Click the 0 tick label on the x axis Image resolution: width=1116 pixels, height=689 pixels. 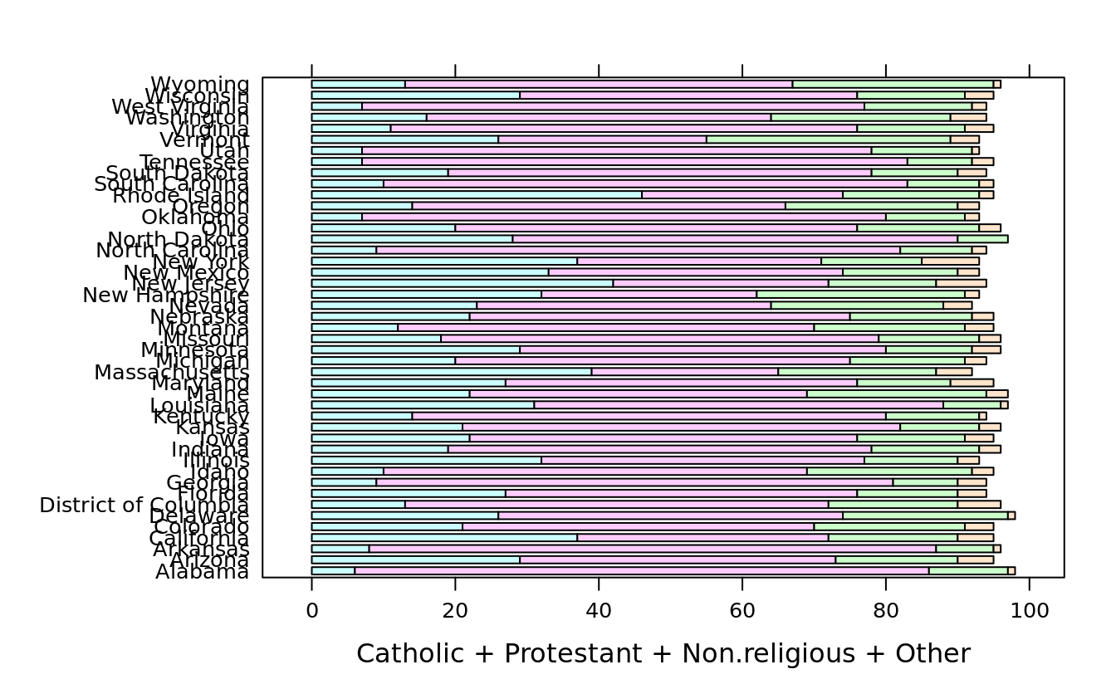coord(311,611)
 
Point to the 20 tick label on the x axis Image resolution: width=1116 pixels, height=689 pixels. coord(455,611)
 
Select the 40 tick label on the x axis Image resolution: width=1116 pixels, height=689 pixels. coord(599,611)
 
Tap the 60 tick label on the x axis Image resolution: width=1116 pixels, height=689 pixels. coord(742,611)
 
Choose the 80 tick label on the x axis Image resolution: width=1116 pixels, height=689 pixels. coord(886,611)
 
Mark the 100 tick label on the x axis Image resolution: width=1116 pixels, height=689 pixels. coord(1029,611)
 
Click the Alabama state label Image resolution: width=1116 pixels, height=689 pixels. coord(202,572)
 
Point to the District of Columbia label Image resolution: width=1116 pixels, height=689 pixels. coord(144,506)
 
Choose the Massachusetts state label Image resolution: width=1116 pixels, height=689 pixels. coord(171,372)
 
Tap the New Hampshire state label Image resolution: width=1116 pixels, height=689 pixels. coord(165,295)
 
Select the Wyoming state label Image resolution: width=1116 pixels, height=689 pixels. coord(199,84)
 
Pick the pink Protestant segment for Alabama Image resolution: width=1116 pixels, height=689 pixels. coord(641,571)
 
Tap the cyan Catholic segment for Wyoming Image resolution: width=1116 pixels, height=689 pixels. coord(358,84)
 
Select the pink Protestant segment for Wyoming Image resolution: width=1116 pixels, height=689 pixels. coord(599,84)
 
